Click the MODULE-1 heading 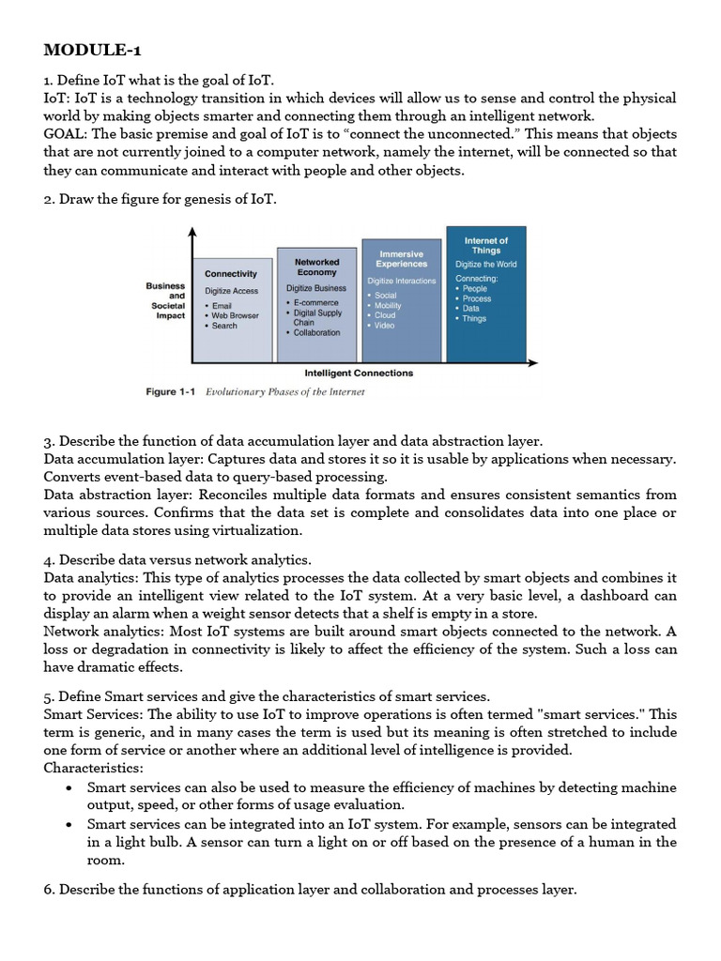pyautogui.click(x=94, y=50)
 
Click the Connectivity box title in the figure pyautogui.click(x=231, y=274)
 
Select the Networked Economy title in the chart pyautogui.click(x=316, y=267)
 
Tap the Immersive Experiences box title pyautogui.click(x=401, y=259)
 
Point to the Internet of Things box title pyautogui.click(x=486, y=246)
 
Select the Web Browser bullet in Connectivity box pyautogui.click(x=235, y=315)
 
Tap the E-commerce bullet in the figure pyautogui.click(x=316, y=303)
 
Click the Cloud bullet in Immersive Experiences pyautogui.click(x=385, y=315)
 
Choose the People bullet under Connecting pyautogui.click(x=474, y=289)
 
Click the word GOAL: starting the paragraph pyautogui.click(x=66, y=134)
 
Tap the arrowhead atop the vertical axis pyautogui.click(x=192, y=232)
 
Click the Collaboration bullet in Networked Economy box pyautogui.click(x=316, y=332)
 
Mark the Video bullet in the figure pyautogui.click(x=385, y=326)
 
